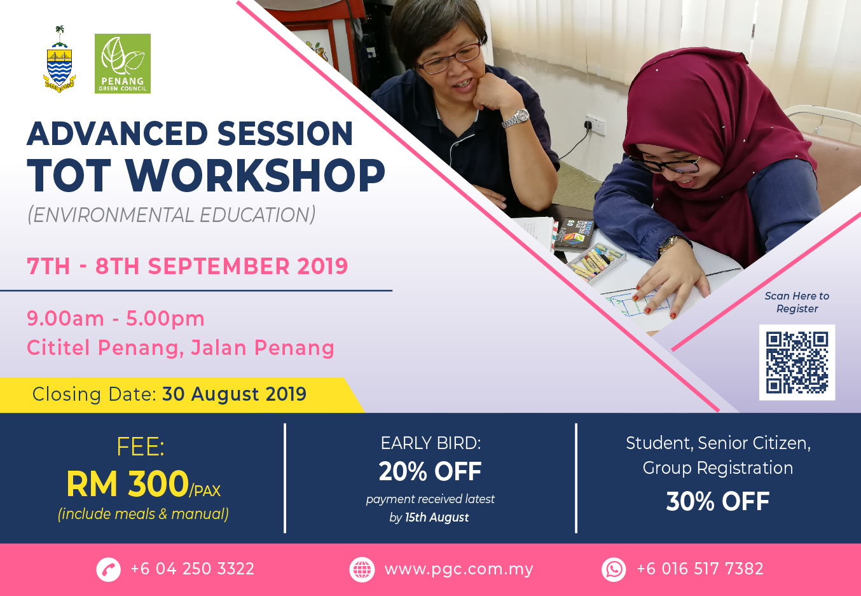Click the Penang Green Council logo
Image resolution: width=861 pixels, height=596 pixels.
point(123,64)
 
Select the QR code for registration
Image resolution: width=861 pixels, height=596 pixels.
point(797,362)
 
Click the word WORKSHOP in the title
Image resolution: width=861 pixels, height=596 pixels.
point(255,176)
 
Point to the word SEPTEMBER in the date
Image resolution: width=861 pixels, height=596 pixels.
point(219,266)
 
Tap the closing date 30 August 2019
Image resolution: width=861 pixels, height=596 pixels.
point(234,394)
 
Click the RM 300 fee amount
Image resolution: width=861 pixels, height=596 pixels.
point(128,483)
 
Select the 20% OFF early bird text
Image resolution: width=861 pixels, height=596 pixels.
point(430,471)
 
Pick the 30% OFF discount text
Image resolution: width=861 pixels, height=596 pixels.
point(718,501)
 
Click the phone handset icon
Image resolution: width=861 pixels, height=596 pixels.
point(108,569)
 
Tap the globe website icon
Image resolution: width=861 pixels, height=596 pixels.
point(362,569)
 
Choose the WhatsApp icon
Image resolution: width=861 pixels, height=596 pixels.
point(614,569)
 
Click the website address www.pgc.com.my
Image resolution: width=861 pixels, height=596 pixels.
point(458,569)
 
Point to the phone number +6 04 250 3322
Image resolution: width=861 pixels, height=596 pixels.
point(193,569)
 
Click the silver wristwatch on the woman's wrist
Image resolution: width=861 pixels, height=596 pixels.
point(516,118)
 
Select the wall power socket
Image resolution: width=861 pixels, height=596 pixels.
point(595,125)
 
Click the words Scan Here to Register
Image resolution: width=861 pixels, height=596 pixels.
point(797,302)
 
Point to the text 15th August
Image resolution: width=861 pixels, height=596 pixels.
point(437,518)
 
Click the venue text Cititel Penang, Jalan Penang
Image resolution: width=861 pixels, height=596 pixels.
point(180,348)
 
